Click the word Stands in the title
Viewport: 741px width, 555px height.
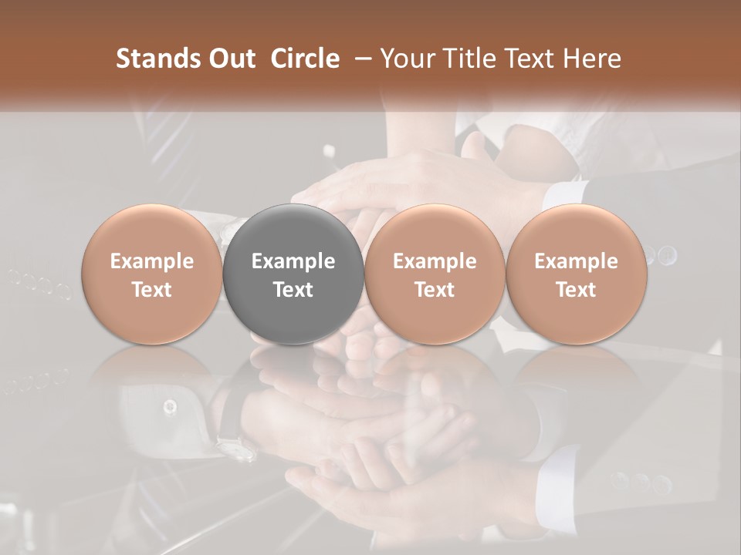[158, 59]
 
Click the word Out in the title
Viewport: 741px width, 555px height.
[231, 59]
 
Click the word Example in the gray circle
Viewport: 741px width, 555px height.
[293, 261]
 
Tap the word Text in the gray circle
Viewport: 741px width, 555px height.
[293, 290]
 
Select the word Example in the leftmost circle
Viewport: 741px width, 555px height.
[152, 261]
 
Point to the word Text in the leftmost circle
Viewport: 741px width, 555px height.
[152, 290]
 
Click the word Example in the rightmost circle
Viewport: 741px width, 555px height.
[576, 261]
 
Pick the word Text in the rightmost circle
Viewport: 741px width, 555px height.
[576, 290]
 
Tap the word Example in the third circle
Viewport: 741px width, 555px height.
[435, 261]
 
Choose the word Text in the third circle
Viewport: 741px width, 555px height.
[435, 290]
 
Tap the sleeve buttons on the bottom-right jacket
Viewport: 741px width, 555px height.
[641, 483]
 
